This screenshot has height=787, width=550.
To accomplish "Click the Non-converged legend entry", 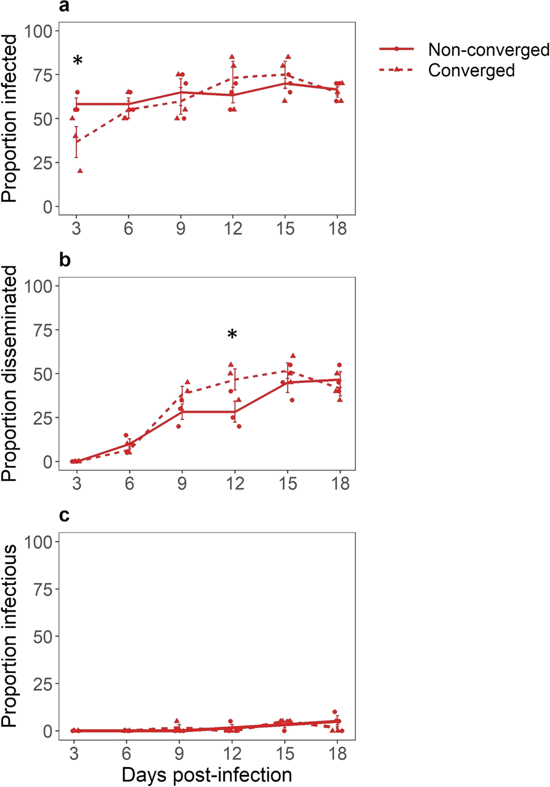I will pyautogui.click(x=488, y=50).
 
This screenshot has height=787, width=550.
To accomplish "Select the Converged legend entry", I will pyautogui.click(x=471, y=70).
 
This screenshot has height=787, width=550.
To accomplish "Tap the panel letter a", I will pyautogui.click(x=64, y=6).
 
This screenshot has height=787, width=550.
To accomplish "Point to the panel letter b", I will pyautogui.click(x=65, y=260).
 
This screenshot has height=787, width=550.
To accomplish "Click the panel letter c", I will pyautogui.click(x=64, y=515).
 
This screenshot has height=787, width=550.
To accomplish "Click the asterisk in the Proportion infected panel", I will pyautogui.click(x=78, y=61).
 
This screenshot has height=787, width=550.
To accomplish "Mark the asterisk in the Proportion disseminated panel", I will pyautogui.click(x=232, y=335).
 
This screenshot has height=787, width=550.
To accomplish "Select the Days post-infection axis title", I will pyautogui.click(x=207, y=774).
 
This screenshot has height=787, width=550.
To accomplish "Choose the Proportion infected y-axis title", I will pyautogui.click(x=9, y=118).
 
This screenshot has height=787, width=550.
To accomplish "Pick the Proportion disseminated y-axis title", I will pyautogui.click(x=9, y=374).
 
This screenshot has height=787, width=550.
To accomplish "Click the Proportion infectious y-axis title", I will pyautogui.click(x=9, y=636).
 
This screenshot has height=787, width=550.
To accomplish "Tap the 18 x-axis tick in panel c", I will pyautogui.click(x=338, y=753).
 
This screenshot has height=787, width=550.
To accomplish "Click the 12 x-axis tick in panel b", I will pyautogui.click(x=235, y=483).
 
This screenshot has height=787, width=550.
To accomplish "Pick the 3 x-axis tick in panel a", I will pyautogui.click(x=76, y=228).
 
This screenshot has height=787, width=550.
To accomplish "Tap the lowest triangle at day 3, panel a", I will pyautogui.click(x=80, y=171).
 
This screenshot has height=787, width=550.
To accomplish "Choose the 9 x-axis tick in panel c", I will pyautogui.click(x=179, y=753).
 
